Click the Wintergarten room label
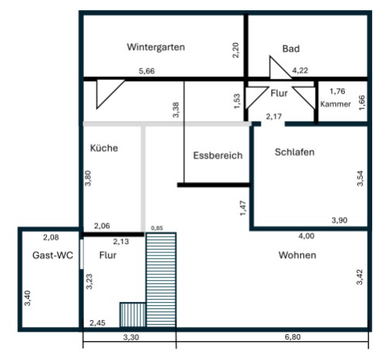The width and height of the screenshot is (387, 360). coord(155,47)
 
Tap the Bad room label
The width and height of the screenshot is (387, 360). coord(291,49)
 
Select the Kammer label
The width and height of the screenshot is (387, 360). coord(336,104)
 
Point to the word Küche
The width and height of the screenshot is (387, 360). coord(103,147)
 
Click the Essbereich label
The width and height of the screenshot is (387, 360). coord(218,156)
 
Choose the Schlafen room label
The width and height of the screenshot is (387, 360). coord(295,152)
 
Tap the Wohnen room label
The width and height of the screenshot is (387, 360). coord(297,256)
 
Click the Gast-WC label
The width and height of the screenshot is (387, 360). coord(48,255)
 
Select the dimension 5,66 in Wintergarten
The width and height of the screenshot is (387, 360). coord(146,71)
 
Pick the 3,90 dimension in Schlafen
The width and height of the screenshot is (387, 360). coord(339,220)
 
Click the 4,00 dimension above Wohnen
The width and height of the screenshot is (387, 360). coord(306,236)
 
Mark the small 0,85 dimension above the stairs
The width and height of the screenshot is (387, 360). coord(157,228)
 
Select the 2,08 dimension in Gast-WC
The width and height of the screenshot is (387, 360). coord(51,236)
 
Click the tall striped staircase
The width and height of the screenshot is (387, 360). coord(163,279)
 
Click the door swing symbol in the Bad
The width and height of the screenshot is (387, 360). coord(279,67)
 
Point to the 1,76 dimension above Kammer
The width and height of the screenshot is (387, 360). coord(337,91)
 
